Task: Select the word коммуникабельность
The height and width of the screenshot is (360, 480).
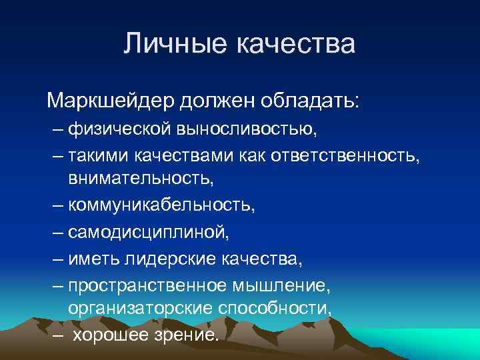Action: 159,205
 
